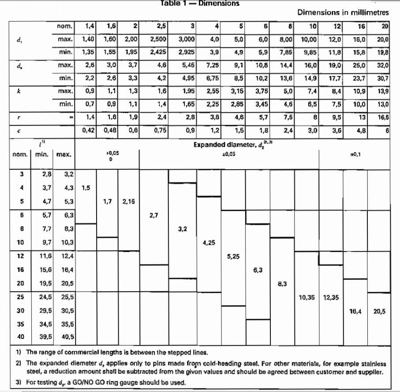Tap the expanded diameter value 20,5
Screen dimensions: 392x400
click(x=379, y=311)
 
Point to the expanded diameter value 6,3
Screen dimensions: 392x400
click(x=258, y=270)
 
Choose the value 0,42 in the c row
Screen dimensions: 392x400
click(x=90, y=130)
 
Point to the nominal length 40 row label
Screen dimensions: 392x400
click(x=21, y=337)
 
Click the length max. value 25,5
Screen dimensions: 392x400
click(x=66, y=297)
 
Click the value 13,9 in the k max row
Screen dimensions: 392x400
click(x=382, y=91)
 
